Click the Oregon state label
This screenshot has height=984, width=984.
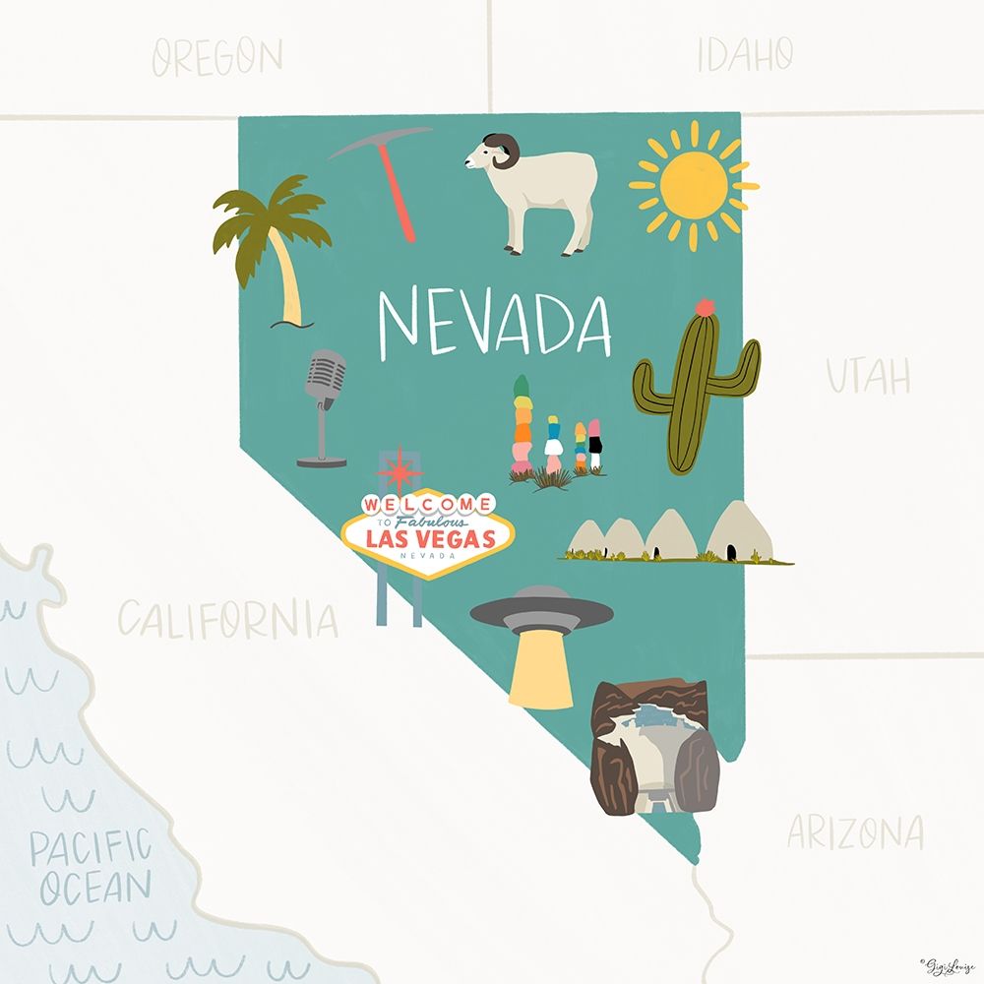217,56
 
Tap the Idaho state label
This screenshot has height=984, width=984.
745,54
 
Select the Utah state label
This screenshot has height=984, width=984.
867,377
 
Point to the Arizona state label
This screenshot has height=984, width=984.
855,833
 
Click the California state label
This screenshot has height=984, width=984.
228,620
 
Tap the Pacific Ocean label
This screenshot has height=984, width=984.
91,866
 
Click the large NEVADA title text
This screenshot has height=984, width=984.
495,323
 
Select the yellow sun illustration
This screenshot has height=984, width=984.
693,184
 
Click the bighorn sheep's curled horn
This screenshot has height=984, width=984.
508,151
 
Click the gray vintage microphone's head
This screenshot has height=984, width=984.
326,377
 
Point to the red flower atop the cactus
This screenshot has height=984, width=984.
704,306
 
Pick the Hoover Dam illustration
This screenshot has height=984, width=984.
654,748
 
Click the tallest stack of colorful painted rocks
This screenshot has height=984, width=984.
521,428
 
